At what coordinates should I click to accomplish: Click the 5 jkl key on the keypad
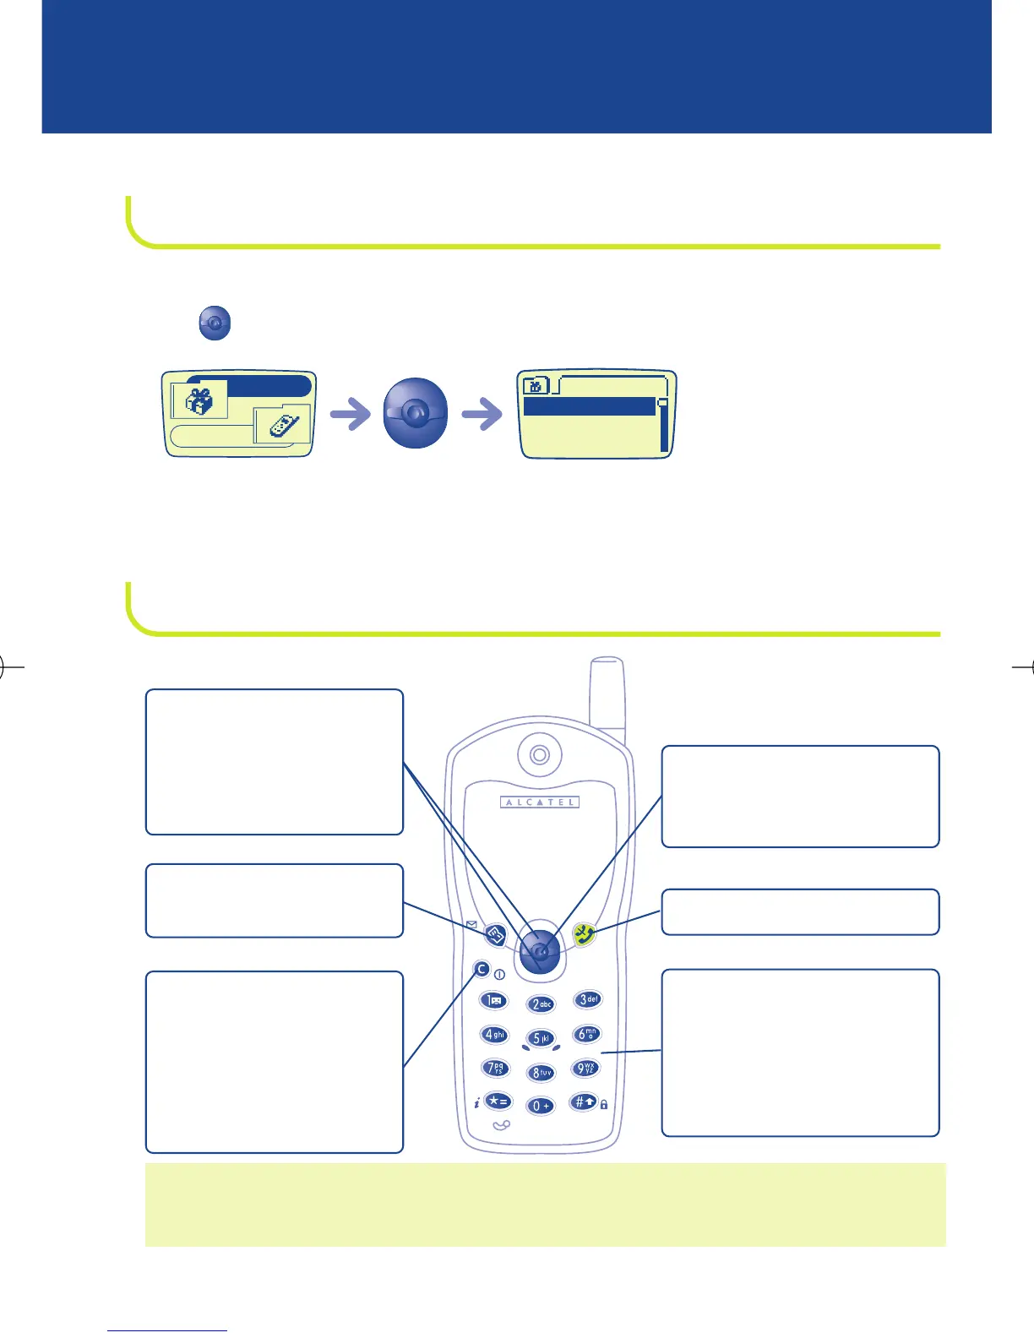[x=541, y=1038]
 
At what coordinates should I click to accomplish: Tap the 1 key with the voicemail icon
[x=494, y=1001]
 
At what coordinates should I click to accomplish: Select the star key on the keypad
[x=498, y=1101]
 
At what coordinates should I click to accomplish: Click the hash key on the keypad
[x=585, y=1101]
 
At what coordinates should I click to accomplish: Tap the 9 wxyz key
[x=585, y=1069]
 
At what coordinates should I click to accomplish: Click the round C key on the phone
[x=482, y=970]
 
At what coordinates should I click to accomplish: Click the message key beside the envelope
[x=495, y=935]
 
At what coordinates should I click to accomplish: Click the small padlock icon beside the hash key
[x=604, y=1104]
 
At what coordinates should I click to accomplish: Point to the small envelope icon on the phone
[x=471, y=925]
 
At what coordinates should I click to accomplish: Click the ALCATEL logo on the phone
[x=540, y=802]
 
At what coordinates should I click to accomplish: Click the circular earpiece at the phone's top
[x=540, y=754]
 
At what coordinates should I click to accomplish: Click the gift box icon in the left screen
[x=199, y=400]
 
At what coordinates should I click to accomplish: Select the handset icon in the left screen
[x=283, y=425]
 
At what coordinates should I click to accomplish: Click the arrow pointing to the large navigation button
[x=350, y=415]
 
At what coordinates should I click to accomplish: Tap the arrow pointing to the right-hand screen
[x=482, y=415]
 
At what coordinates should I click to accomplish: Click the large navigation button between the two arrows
[x=415, y=413]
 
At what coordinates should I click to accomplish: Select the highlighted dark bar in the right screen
[x=590, y=406]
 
